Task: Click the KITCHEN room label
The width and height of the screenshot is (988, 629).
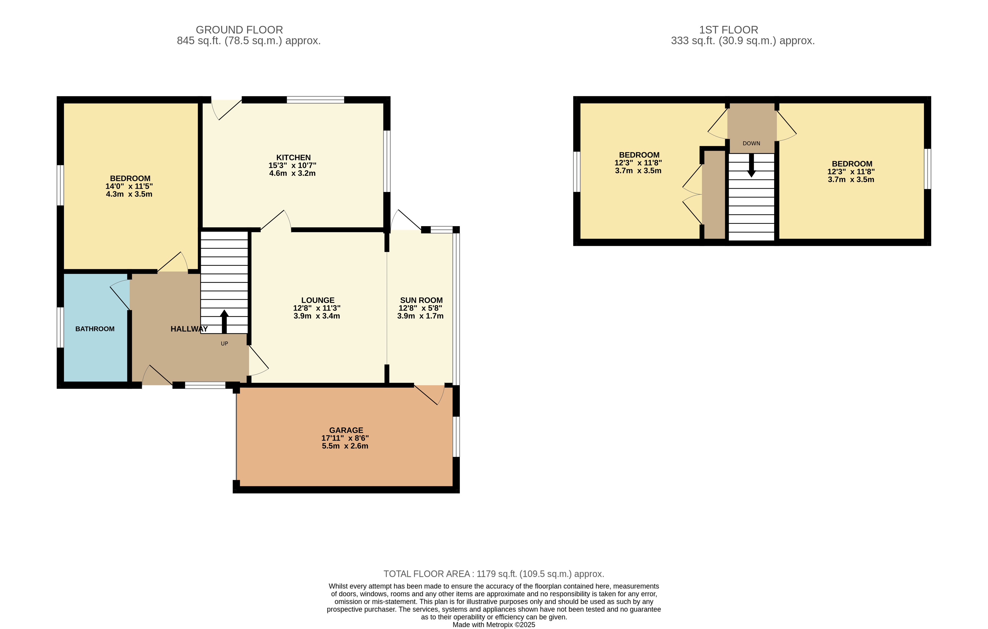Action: click(293, 157)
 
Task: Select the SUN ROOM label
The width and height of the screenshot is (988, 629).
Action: click(421, 300)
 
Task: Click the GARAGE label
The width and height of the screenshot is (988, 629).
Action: click(346, 430)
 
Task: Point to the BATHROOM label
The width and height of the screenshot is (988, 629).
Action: click(95, 329)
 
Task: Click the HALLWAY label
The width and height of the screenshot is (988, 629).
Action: click(189, 329)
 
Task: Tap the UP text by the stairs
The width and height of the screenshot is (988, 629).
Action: click(225, 344)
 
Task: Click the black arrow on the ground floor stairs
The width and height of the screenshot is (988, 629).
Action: click(224, 322)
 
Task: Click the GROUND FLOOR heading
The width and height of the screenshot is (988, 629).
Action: click(239, 30)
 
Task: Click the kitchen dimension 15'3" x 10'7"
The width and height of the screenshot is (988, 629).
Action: click(292, 165)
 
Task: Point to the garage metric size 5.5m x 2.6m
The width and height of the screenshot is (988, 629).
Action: click(345, 446)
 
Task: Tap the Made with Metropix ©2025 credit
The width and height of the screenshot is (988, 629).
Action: click(494, 624)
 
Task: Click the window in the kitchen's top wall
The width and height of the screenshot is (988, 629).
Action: click(315, 100)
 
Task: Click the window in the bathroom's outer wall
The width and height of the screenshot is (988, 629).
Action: click(60, 327)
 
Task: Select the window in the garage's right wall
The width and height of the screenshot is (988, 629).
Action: click(456, 437)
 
